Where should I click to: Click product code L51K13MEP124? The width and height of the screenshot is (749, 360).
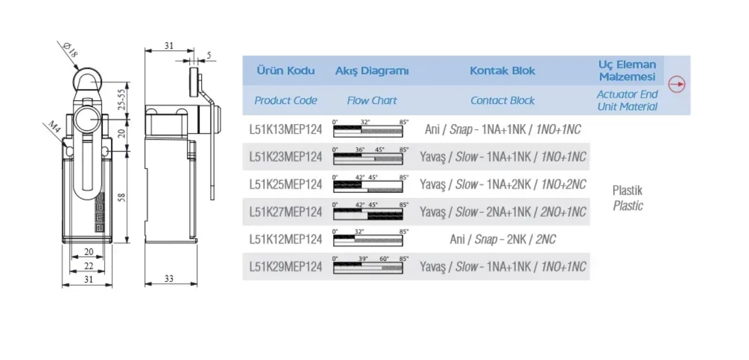point(285,130)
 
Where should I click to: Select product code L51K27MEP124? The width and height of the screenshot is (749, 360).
point(285,212)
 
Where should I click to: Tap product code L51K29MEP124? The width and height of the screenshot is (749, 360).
point(285,267)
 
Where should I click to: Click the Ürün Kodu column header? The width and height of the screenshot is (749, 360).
point(285,71)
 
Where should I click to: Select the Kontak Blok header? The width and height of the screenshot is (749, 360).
point(502,71)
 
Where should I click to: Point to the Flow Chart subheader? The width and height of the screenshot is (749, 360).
point(372,101)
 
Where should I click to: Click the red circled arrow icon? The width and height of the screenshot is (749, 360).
point(677,84)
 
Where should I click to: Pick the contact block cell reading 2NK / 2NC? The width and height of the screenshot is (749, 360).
point(503,239)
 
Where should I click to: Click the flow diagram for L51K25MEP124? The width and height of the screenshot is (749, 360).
point(368,184)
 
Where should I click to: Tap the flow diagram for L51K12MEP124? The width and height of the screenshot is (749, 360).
point(368,239)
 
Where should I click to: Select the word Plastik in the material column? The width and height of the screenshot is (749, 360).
point(627,190)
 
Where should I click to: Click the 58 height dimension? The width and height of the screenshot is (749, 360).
point(122,197)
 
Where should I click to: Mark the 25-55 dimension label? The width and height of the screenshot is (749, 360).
point(122,100)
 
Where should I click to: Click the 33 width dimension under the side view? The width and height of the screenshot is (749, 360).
point(169,279)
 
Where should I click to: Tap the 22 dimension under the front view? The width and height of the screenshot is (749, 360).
point(89,266)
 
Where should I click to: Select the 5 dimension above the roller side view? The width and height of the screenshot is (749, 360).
point(209,55)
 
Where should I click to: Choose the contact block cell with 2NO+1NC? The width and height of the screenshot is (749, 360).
point(503,212)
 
